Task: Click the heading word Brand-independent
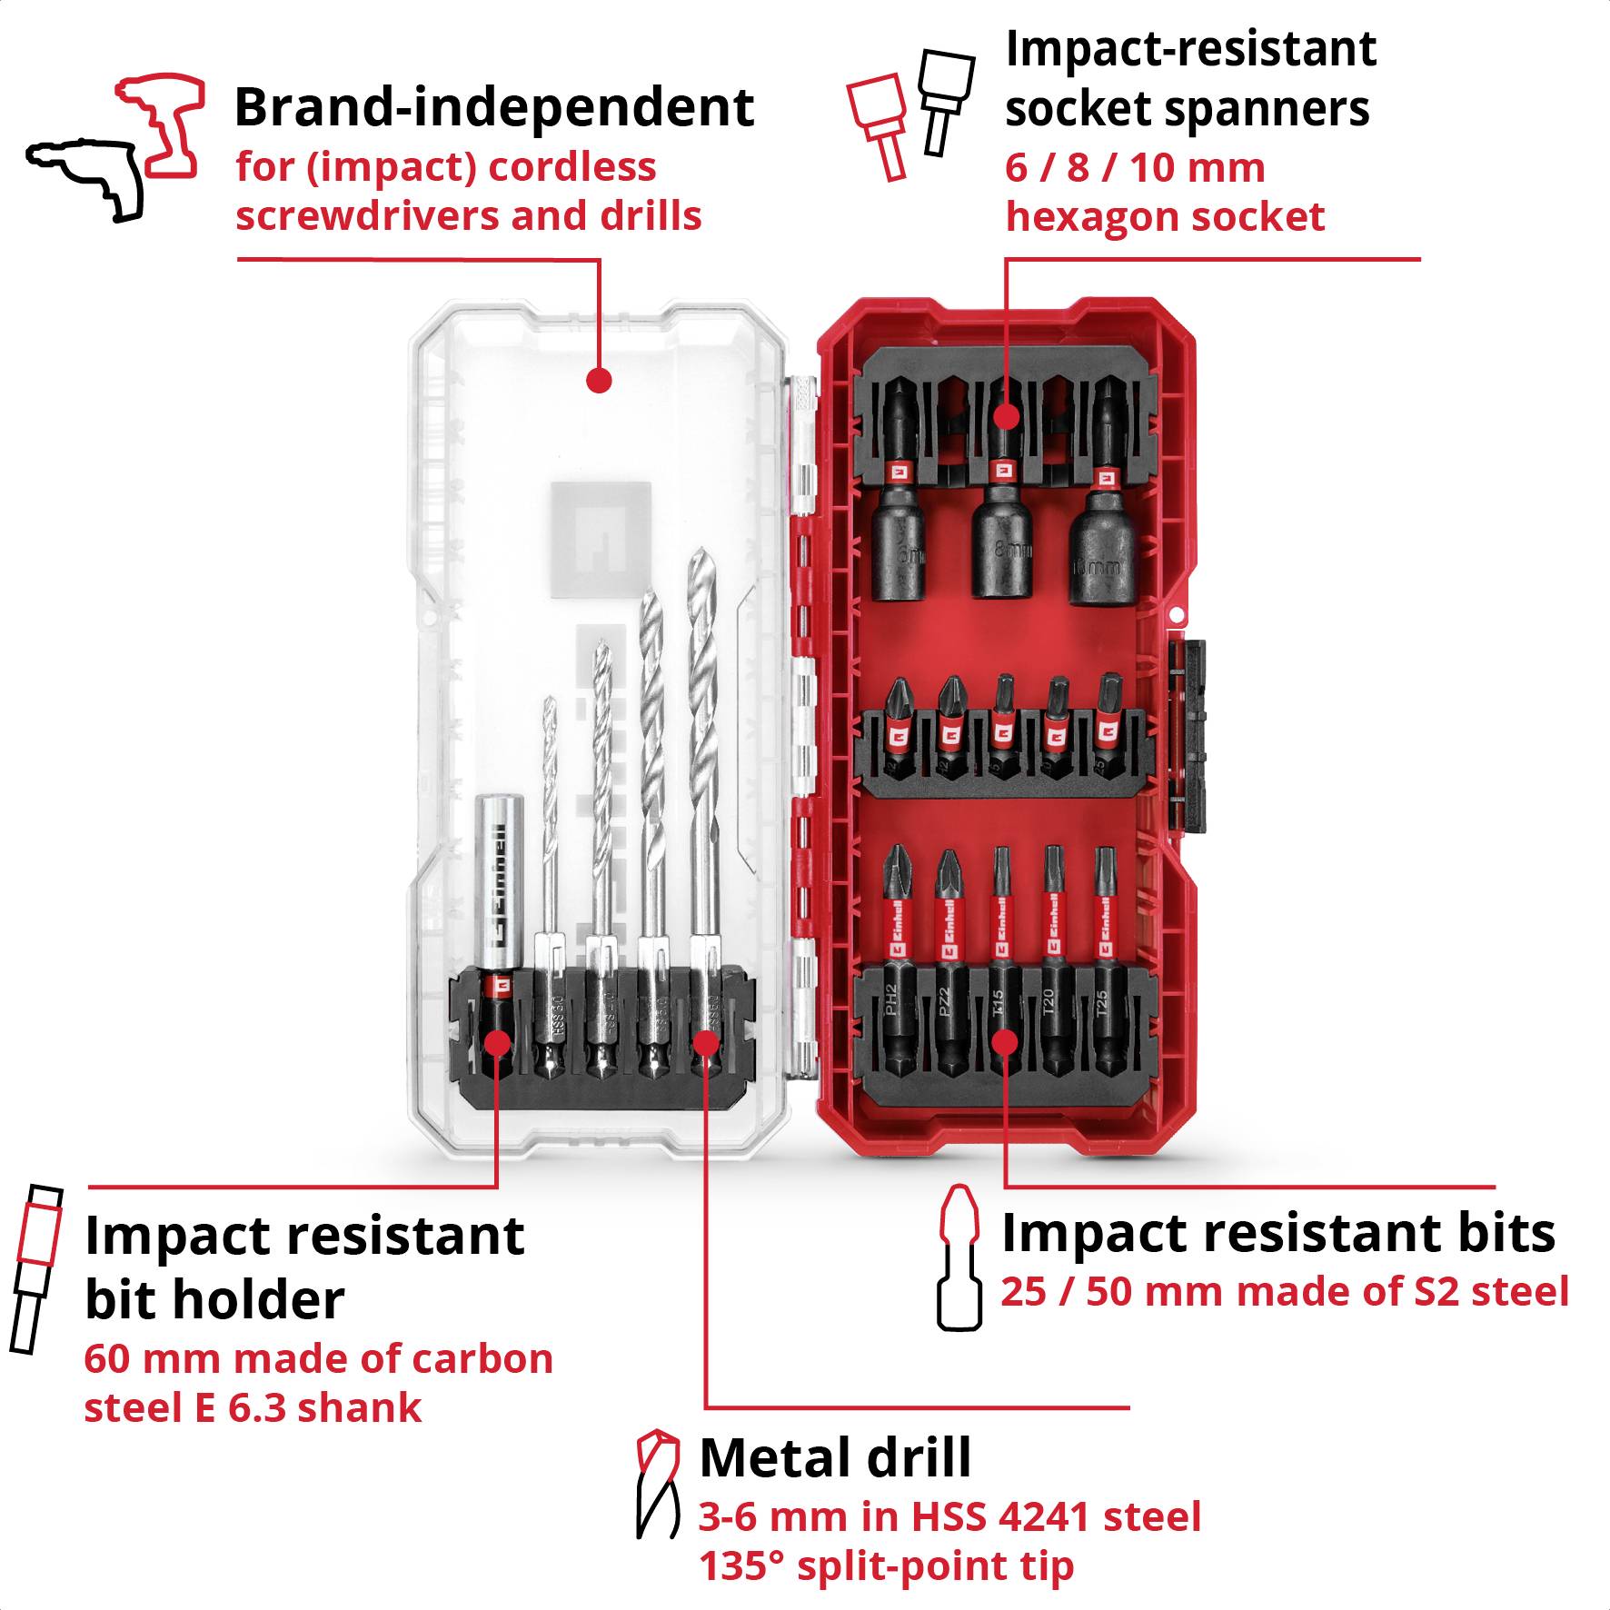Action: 493,107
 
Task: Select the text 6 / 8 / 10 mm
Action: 1134,168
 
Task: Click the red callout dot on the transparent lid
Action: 599,380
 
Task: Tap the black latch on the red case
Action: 1188,736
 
